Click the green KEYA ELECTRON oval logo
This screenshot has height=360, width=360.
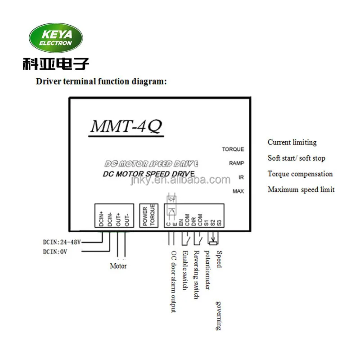pos(56,38)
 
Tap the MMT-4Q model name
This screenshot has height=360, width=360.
pos(126,126)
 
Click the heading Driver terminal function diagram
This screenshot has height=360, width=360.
pos(101,81)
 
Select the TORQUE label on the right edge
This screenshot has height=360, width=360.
pos(233,149)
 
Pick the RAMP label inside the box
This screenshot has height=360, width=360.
pos(237,163)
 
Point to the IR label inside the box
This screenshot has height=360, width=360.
pos(241,177)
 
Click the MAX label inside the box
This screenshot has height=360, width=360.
pos(238,191)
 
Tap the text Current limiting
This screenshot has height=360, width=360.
pos(292,143)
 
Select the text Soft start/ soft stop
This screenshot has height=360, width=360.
pos(297,158)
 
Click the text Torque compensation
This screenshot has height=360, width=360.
pos(300,174)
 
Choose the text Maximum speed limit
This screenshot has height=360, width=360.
pos(301,189)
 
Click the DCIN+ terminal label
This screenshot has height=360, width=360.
pos(101,219)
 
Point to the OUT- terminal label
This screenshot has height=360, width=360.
pos(127,220)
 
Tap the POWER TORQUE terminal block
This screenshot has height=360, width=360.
pos(149,216)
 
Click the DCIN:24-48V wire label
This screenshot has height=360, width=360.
pos(62,242)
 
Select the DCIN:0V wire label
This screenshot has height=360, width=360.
pos(55,252)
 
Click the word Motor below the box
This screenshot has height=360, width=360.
pos(118,266)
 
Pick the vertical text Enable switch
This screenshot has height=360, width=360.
pos(185,270)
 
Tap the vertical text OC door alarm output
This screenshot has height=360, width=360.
pos(174,282)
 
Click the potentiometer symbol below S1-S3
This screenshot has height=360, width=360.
pos(213,240)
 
